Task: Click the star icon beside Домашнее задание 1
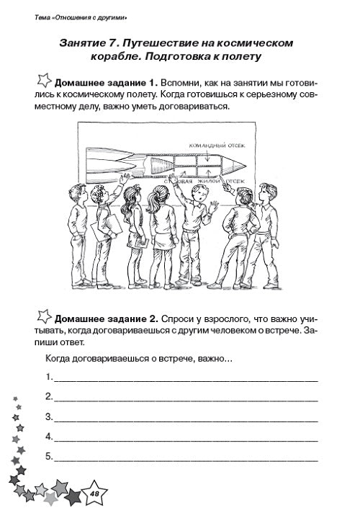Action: (42, 79)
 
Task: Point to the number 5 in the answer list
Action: (48, 457)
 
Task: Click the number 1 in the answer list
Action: (48, 377)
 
